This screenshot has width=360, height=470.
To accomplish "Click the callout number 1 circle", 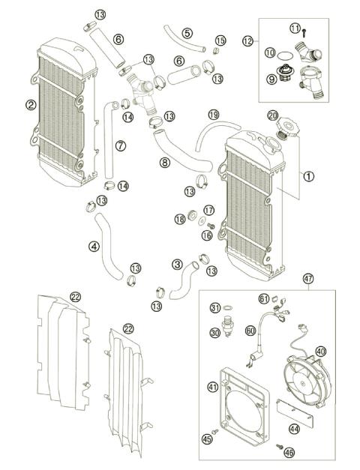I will [308, 177].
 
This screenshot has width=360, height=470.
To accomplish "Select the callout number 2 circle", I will [30, 105].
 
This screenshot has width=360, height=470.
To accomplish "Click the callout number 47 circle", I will [307, 279].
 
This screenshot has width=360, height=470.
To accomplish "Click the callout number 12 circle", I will [248, 40].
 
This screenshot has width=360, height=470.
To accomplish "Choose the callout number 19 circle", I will [214, 115].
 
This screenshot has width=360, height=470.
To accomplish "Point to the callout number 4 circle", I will [94, 245].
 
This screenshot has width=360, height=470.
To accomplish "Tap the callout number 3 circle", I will [177, 264].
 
